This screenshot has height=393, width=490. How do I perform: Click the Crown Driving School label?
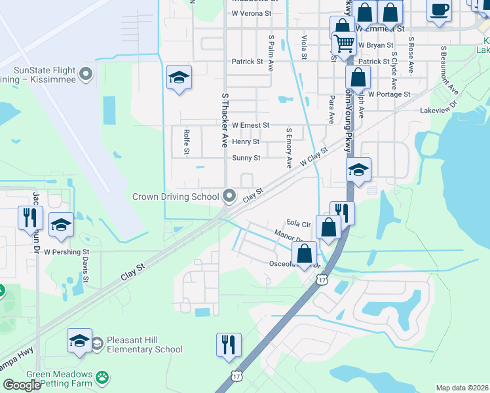pyautogui.click(x=176, y=196)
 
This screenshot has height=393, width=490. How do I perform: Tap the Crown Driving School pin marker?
pyautogui.click(x=229, y=196)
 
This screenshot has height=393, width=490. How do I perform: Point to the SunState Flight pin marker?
pyautogui.click(x=86, y=75)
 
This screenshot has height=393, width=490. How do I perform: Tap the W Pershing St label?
pyautogui.click(x=66, y=252)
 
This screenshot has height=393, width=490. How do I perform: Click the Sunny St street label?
pyautogui.click(x=246, y=158)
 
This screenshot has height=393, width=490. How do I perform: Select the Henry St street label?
pyautogui.click(x=246, y=141)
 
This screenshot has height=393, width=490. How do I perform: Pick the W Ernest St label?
pyautogui.click(x=250, y=124)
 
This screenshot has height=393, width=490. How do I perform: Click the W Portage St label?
pyautogui.click(x=389, y=94)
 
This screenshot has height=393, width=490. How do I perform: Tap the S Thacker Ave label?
pyautogui.click(x=225, y=120)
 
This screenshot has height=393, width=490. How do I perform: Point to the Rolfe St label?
pyautogui.click(x=186, y=141)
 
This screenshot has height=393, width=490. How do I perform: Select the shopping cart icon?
pyautogui.click(x=344, y=44)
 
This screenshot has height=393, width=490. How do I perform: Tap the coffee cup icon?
pyautogui.click(x=439, y=11)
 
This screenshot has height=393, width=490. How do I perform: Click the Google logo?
pyautogui.click(x=22, y=385)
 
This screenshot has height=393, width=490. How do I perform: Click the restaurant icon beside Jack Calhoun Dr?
pyautogui.click(x=30, y=217)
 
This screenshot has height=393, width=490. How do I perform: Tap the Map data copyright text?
pyautogui.click(x=462, y=388)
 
